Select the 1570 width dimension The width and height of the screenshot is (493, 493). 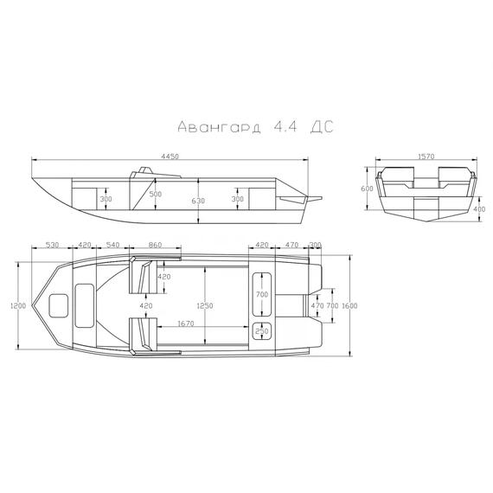click(424, 157)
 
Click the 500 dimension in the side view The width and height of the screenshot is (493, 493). click(155, 195)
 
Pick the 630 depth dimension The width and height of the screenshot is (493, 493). click(200, 200)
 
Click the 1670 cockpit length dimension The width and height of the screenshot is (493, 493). click(181, 324)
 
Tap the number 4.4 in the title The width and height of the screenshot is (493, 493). click(282, 126)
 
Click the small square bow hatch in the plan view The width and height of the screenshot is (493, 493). click(60, 305)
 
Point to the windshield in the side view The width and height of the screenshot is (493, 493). click(138, 173)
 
